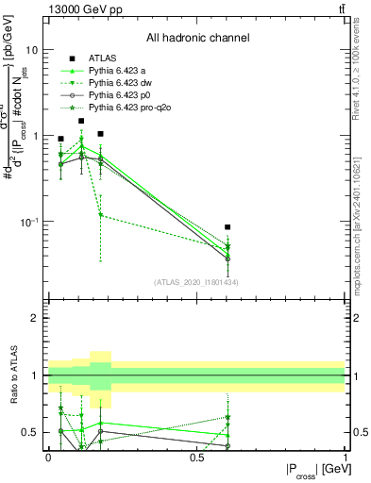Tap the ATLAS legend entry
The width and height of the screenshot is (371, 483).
pyautogui.click(x=102, y=58)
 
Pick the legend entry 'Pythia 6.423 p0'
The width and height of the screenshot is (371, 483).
pyautogui.click(x=121, y=95)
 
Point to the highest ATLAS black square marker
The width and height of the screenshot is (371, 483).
pyautogui.click(x=81, y=121)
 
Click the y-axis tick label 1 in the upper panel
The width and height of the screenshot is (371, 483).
pyautogui.click(x=35, y=136)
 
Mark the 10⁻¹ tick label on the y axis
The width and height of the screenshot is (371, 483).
pyautogui.click(x=28, y=222)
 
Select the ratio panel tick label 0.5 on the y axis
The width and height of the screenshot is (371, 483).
pyautogui.click(x=30, y=432)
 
